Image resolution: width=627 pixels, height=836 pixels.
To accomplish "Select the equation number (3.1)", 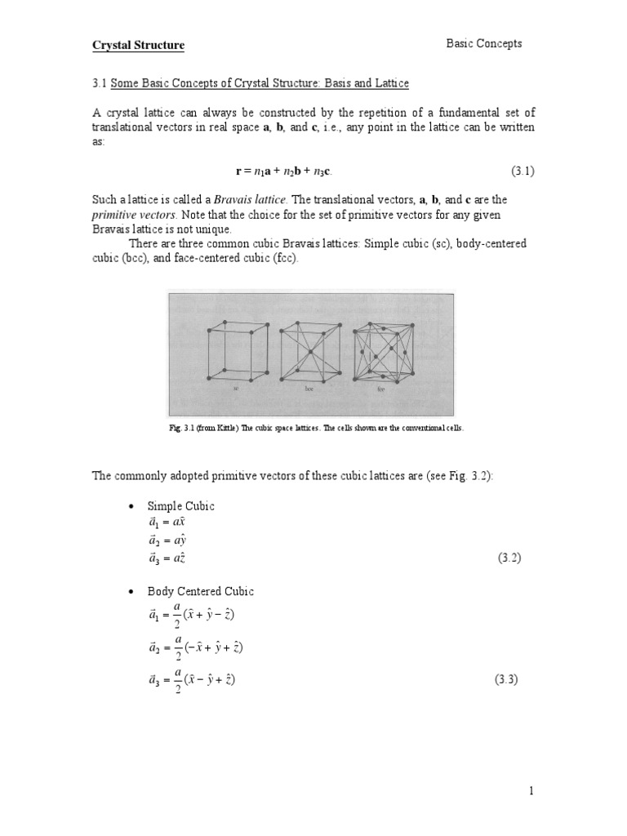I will point(522,171).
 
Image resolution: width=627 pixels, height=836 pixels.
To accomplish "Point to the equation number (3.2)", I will point(509,558).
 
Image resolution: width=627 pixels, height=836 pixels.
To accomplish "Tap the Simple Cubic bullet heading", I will point(180,506).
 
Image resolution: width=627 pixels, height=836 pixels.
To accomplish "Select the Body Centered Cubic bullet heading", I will point(200,591).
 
